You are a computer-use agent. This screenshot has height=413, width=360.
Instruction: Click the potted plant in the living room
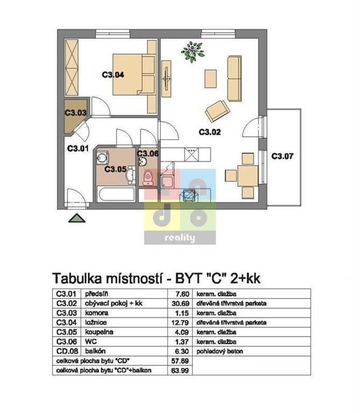pyautogui.click(x=193, y=52)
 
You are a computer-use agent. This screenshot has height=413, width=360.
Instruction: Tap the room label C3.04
pyautogui.click(x=113, y=75)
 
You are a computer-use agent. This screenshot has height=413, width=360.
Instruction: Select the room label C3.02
pyautogui.click(x=209, y=132)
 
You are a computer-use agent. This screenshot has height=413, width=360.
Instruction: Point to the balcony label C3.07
pyautogui.click(x=283, y=156)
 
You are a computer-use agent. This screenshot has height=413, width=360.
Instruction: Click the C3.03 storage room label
pyautogui.click(x=76, y=113)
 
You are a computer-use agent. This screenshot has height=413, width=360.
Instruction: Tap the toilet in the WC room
pyautogui.click(x=148, y=177)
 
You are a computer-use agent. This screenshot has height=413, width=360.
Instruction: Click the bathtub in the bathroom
pyautogui.click(x=116, y=194)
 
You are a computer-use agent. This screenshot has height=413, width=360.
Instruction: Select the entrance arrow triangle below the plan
pyautogui.click(x=77, y=218)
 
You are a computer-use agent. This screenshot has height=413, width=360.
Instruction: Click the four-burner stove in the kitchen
pyautogui.click(x=189, y=195)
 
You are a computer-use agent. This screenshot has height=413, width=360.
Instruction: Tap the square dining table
pyautogui.click(x=248, y=176)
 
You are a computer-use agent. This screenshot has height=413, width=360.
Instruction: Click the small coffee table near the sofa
pyautogui.click(x=210, y=79)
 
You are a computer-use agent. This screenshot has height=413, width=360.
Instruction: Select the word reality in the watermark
pyautogui.click(x=180, y=238)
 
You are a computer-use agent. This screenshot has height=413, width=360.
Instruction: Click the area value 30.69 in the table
pyautogui.click(x=180, y=303)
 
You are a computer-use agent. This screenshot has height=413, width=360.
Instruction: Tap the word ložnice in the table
pyautogui.click(x=96, y=323)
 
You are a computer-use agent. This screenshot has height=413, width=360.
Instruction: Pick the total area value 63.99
pyautogui.click(x=180, y=371)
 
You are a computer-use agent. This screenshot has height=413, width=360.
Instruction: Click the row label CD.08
pyautogui.click(x=67, y=351)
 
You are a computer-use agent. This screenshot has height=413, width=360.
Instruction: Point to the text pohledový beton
pyautogui.click(x=220, y=351)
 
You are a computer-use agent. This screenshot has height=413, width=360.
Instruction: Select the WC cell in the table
pyautogui.click(x=90, y=341)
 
